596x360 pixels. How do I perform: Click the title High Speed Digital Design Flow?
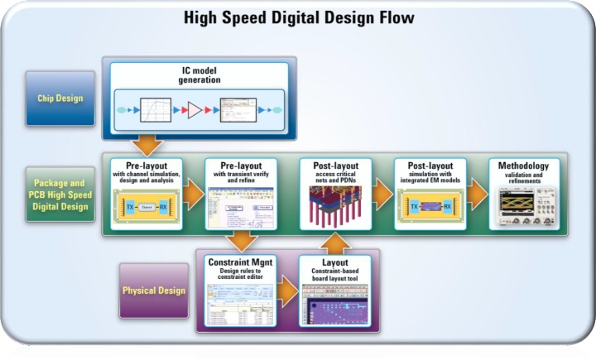tap(298, 17)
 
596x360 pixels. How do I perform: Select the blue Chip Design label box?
tap(60, 98)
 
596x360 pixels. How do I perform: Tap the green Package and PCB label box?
tap(60, 194)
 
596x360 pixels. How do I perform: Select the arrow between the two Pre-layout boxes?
tap(194, 197)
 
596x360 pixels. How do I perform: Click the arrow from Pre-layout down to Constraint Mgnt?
tap(240, 242)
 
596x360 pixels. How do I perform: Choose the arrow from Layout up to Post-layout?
tap(335, 242)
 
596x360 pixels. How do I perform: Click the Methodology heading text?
tap(523, 166)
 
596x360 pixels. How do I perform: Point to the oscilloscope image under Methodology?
tap(523, 208)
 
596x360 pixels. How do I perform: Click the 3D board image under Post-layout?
tap(335, 208)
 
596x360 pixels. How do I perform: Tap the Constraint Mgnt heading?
tap(240, 262)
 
